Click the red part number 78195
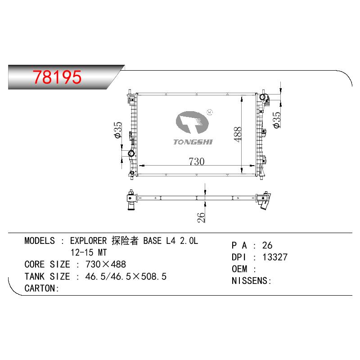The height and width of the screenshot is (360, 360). point(57,77)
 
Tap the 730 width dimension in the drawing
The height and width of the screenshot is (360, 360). point(197,161)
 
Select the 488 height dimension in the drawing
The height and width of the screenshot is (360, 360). point(238,134)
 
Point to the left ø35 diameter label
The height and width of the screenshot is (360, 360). point(118,130)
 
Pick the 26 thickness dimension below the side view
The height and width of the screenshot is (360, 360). point(201,217)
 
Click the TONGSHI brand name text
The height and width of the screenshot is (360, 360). point(193,142)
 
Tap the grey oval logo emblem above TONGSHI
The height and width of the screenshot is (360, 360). point(192,122)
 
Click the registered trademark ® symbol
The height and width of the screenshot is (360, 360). point(210,112)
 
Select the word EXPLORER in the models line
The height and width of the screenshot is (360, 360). point(88,241)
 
